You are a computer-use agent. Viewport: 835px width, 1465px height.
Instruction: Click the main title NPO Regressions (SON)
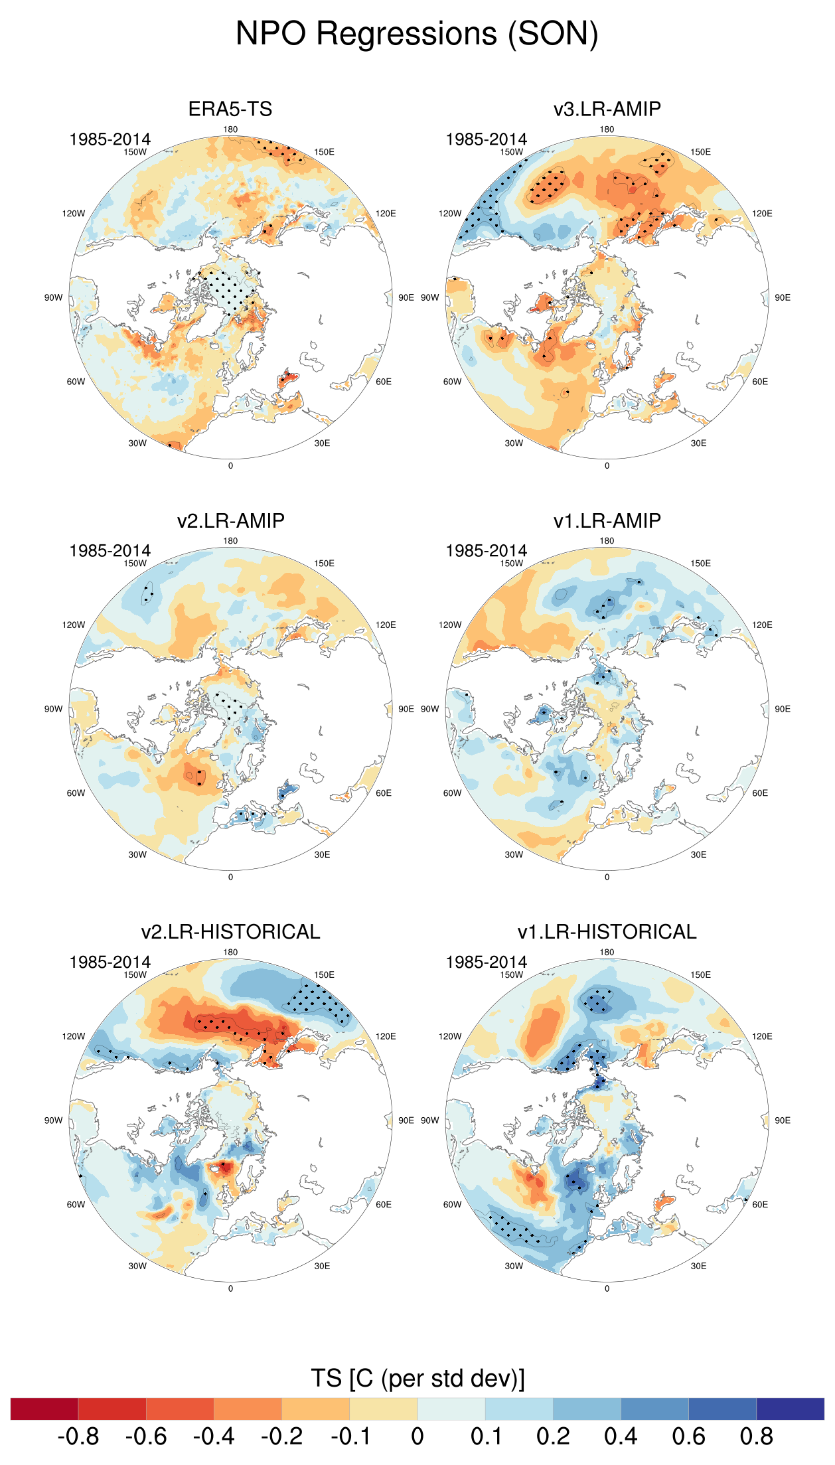pos(417,34)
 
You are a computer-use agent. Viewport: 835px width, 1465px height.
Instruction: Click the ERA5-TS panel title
pos(230,109)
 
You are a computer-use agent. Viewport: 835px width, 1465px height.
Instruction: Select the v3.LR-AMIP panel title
pos(607,109)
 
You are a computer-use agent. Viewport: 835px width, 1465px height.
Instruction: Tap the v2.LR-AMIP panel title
pos(230,520)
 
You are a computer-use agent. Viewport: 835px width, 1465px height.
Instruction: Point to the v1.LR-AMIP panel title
pos(607,520)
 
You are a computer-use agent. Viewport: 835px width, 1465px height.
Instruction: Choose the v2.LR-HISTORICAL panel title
pos(230,932)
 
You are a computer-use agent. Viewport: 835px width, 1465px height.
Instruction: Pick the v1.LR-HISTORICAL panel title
pos(607,932)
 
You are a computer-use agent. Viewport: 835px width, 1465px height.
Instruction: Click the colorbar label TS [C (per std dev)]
pos(417,1379)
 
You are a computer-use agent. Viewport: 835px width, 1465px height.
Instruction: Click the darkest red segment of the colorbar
pos(44,1409)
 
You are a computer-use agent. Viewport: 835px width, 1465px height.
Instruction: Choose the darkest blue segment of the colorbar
pos(790,1409)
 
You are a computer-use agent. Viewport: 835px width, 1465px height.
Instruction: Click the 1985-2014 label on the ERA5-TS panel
pos(110,139)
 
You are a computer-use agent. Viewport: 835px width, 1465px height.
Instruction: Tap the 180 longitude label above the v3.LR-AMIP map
pos(607,129)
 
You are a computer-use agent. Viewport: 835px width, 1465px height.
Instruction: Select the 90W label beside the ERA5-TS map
pos(53,297)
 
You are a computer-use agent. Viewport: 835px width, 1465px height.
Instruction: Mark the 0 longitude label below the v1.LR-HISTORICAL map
pos(607,1288)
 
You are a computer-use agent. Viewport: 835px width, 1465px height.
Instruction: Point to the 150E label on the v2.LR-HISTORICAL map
pos(324,975)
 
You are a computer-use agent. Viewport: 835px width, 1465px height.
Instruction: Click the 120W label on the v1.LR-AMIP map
pos(449,625)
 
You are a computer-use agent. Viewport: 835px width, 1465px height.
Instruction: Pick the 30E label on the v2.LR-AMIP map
pos(322,854)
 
